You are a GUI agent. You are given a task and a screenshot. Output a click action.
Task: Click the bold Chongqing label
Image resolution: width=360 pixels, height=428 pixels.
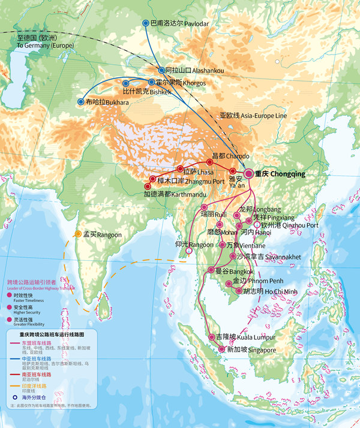click(x=280, y=174)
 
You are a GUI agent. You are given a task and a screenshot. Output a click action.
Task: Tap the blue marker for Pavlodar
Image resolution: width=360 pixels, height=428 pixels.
click(x=146, y=23)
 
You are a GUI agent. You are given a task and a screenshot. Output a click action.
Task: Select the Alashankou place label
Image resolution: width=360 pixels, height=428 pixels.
click(x=194, y=71)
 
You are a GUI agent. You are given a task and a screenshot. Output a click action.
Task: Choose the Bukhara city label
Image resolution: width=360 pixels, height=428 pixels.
click(x=107, y=103)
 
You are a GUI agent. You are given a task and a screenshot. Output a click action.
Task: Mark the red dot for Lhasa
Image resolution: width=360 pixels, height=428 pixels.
click(x=179, y=169)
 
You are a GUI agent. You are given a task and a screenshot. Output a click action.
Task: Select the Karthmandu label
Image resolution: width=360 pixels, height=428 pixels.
click(x=170, y=194)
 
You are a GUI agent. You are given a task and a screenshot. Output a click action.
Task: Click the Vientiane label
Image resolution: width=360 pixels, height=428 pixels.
click(x=241, y=245)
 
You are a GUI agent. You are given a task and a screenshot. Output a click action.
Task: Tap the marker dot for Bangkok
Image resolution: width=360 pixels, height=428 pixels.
click(x=211, y=270)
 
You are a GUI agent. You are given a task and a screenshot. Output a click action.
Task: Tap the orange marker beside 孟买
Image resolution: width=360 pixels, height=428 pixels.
click(x=78, y=234)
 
